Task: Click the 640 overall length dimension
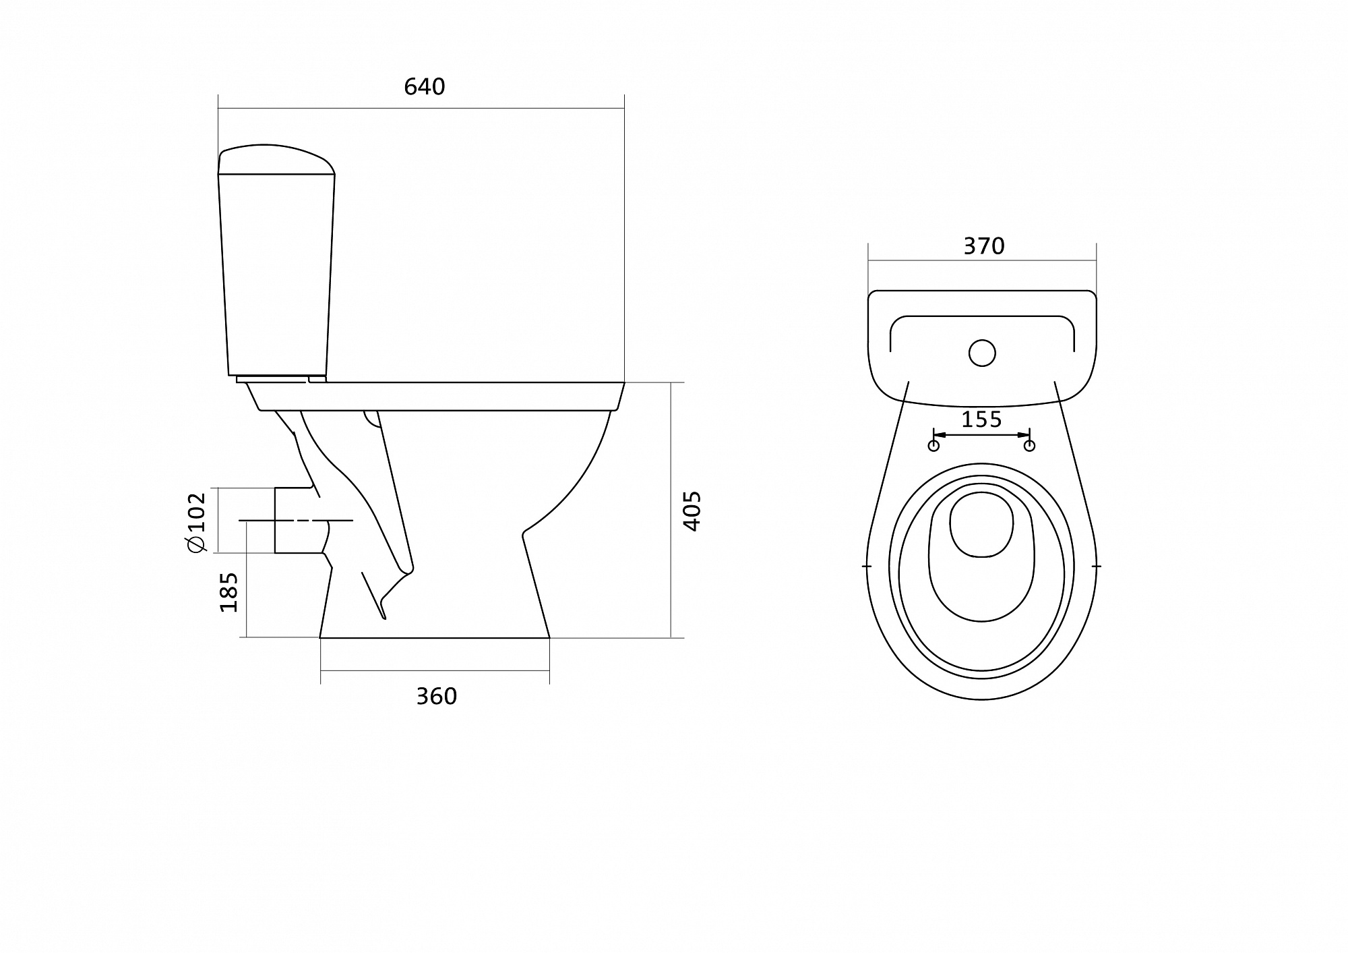(x=425, y=87)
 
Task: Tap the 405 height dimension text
(x=692, y=511)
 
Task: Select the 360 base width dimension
(x=436, y=696)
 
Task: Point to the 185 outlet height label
(x=229, y=591)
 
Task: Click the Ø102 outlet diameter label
(x=197, y=522)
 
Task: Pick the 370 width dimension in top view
(x=983, y=246)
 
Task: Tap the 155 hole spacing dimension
(x=981, y=420)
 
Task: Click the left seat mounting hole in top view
(x=933, y=446)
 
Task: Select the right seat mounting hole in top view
(x=1029, y=446)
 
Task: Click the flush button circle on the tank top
(x=982, y=353)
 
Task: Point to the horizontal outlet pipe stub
(x=297, y=520)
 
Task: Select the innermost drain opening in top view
(x=981, y=524)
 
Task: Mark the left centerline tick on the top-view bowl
(x=867, y=566)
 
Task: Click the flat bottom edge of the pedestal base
(x=435, y=637)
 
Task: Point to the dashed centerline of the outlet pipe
(x=297, y=521)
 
